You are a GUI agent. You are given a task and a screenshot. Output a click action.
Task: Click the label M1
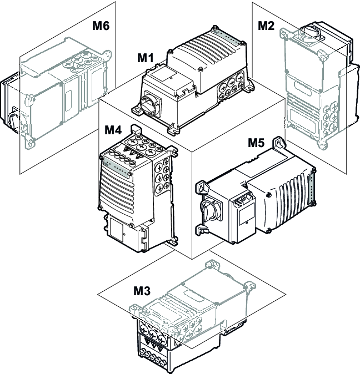[147, 58]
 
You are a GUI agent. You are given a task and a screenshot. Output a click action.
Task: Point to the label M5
[256, 143]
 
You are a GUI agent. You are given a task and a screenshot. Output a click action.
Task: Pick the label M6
[101, 26]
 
